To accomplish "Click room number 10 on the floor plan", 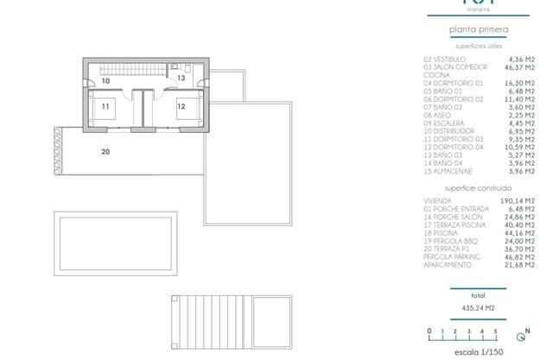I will [x=105, y=80].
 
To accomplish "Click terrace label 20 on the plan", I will [x=105, y=152].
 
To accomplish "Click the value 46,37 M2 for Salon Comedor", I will [x=518, y=66].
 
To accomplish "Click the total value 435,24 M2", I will [x=479, y=306].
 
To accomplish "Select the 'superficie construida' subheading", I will [x=478, y=187].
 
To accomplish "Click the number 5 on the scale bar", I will [x=495, y=331].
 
